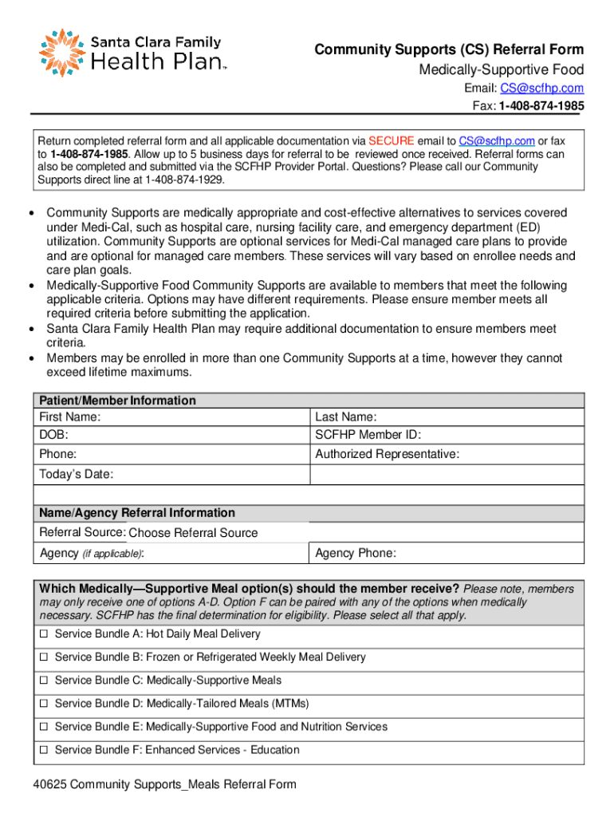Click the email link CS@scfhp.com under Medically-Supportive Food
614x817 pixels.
pyautogui.click(x=541, y=89)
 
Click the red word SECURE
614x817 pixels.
pyautogui.click(x=391, y=140)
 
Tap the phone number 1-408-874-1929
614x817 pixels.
pyautogui.click(x=185, y=180)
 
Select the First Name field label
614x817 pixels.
pyautogui.click(x=70, y=416)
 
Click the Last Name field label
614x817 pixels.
pyautogui.click(x=346, y=416)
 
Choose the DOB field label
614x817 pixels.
pyautogui.click(x=54, y=435)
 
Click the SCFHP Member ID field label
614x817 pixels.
pyautogui.click(x=368, y=435)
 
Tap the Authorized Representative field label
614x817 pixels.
pyautogui.click(x=387, y=454)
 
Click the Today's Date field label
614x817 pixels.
pyautogui.click(x=76, y=475)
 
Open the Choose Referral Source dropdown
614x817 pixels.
pyautogui.click(x=193, y=533)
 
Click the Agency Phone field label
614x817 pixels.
pyautogui.click(x=356, y=554)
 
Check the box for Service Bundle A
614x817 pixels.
pyautogui.click(x=45, y=634)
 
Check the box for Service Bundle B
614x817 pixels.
pyautogui.click(x=45, y=657)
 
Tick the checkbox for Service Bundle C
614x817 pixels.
pyautogui.click(x=45, y=681)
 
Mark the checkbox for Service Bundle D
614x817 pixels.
pyautogui.click(x=45, y=704)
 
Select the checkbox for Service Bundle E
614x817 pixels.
pyautogui.click(x=45, y=727)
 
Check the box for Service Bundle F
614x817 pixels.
pyautogui.click(x=45, y=750)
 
